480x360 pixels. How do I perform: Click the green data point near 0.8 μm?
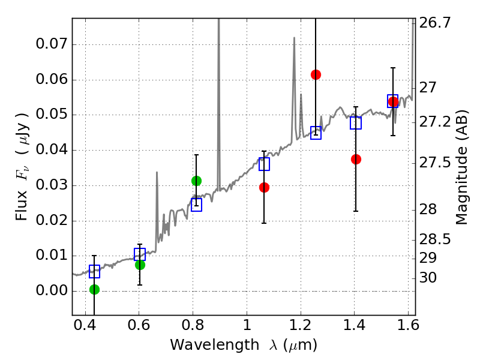196,181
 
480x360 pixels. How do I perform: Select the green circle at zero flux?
94,289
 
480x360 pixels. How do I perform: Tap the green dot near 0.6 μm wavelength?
140,265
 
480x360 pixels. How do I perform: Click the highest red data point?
316,74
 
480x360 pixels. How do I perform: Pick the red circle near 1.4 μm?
356,159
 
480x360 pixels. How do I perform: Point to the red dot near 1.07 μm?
264,187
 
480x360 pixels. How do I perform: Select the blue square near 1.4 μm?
356,123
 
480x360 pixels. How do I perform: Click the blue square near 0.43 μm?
94,272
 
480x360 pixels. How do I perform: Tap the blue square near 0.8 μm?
196,205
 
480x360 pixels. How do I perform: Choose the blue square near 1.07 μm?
264,164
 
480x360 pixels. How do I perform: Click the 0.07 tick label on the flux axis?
52,44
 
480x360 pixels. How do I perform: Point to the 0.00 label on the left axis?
52,291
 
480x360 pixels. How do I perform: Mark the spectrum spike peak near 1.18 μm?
294,38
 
